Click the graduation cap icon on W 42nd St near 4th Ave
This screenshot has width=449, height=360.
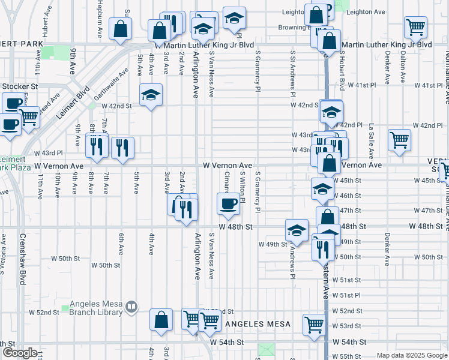151,94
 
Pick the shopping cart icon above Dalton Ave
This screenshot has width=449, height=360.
415,27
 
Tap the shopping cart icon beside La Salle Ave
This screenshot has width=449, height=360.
399,140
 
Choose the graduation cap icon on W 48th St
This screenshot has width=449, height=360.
297,230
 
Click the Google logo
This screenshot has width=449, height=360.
20,353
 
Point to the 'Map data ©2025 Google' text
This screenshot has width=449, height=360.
412,355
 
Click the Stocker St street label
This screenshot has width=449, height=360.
19,86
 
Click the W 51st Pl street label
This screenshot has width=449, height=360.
351,295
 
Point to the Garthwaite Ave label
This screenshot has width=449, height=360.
112,85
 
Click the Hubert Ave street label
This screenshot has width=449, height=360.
45,23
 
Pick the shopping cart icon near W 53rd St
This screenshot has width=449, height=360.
315,325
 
